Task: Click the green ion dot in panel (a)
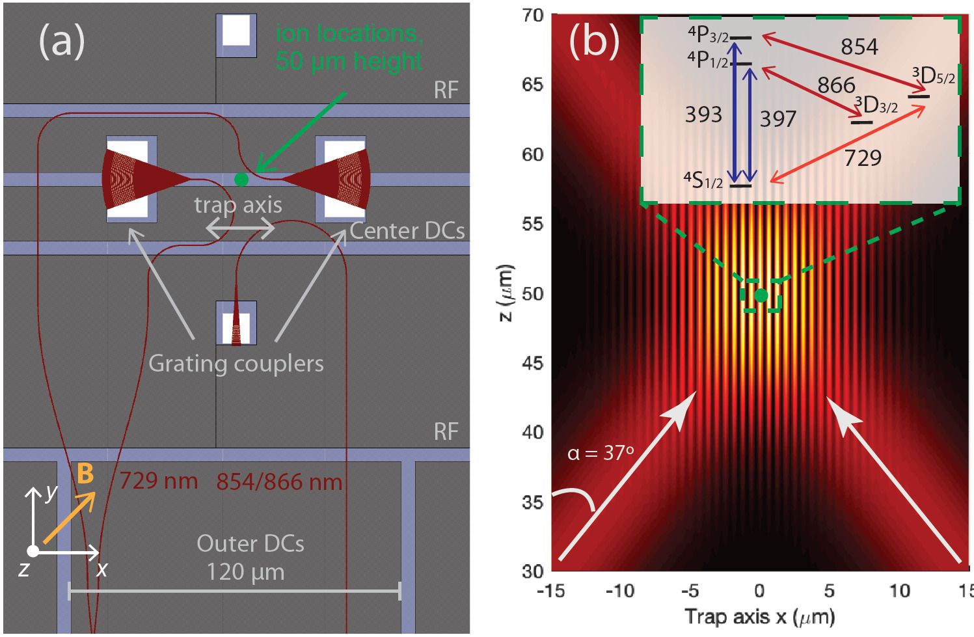(241, 180)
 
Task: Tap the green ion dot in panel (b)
(761, 296)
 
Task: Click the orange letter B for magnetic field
(85, 474)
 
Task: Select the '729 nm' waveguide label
(159, 481)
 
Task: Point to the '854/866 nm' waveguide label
(279, 482)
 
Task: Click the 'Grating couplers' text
(236, 363)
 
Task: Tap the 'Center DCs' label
(407, 231)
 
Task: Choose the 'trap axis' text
(238, 205)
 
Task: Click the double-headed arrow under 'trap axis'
(240, 228)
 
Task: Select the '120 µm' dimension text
(245, 572)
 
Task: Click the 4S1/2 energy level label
(703, 180)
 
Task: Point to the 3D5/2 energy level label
(934, 76)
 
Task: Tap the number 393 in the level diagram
(703, 115)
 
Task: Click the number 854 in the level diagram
(859, 47)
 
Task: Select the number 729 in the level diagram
(863, 158)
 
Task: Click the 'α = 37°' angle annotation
(600, 453)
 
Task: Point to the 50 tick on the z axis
(532, 293)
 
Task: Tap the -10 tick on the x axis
(619, 591)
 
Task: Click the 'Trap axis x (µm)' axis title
(759, 616)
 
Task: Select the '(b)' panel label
(593, 40)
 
